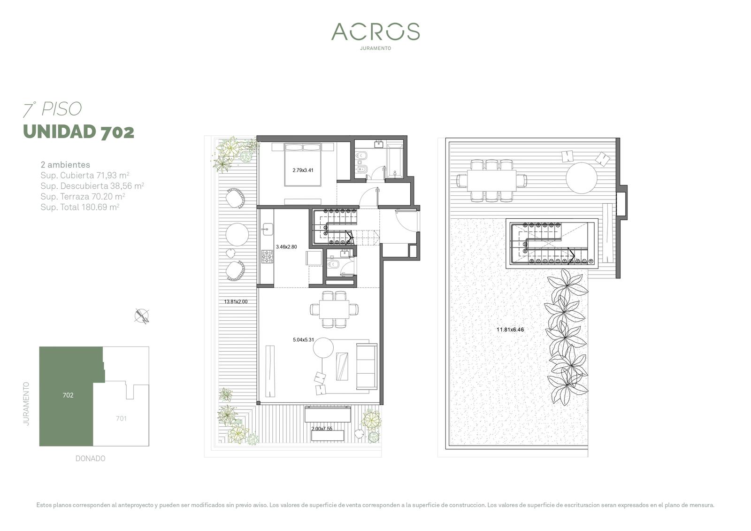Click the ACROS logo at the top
tap(375, 31)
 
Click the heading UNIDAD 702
tap(79, 132)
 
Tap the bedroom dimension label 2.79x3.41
tap(303, 170)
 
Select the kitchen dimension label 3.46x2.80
tap(286, 247)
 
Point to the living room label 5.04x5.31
tap(303, 340)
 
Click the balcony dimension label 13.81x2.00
tap(236, 301)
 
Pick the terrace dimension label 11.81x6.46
tap(510, 330)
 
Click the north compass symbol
tap(142, 316)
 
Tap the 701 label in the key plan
tap(122, 418)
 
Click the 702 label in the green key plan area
tap(68, 395)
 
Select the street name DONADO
tap(91, 459)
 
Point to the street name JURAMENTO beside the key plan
tap(26, 404)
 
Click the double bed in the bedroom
tap(303, 164)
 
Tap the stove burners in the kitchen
tap(268, 256)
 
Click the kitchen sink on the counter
tap(268, 229)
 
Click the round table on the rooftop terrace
tap(582, 178)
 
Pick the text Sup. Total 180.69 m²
tap(80, 207)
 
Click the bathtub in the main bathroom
tap(395, 161)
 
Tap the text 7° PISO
tap(52, 109)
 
